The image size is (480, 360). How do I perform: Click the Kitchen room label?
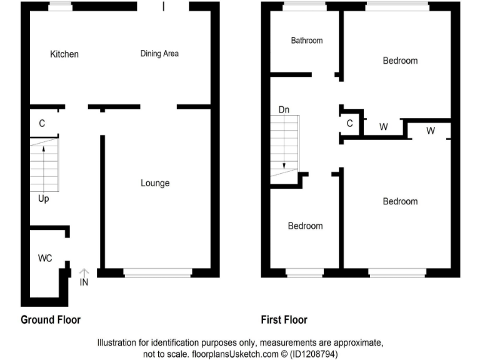tap(64, 54)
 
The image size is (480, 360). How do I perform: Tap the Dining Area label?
tap(159, 54)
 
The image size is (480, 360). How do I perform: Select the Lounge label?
tap(155, 183)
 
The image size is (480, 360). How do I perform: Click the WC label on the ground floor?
tap(45, 257)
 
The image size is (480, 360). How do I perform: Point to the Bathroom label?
tap(307, 41)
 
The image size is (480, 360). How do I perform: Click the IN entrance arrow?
tap(84, 274)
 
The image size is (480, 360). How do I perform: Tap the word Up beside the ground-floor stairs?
tap(43, 199)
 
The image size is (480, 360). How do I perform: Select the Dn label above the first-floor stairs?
tap(284, 110)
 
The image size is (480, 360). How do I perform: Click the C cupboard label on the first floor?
tap(350, 124)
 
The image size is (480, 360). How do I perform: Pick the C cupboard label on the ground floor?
tap(42, 124)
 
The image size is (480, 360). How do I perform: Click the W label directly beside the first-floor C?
tap(384, 127)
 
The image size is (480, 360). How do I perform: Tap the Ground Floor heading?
tap(51, 320)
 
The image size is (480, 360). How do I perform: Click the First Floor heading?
tap(284, 320)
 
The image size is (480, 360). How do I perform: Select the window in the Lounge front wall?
tap(157, 272)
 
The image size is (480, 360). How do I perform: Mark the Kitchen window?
tap(60, 6)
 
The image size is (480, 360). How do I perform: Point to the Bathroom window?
tap(304, 6)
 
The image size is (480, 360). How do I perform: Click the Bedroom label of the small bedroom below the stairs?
tap(305, 226)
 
